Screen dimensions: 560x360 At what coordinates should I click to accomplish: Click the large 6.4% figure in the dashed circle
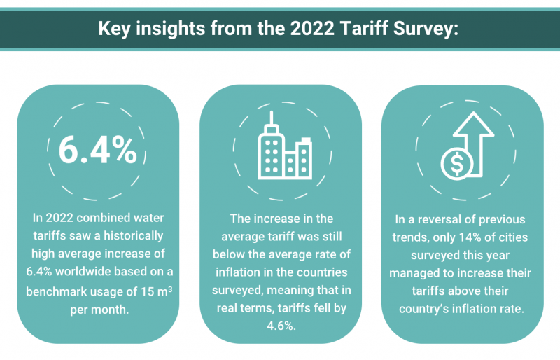click(x=98, y=150)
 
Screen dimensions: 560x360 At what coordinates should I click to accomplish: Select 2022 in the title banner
click(x=312, y=28)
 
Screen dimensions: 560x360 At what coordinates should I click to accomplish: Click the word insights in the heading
click(x=170, y=29)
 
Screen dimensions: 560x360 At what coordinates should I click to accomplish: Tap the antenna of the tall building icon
click(x=272, y=118)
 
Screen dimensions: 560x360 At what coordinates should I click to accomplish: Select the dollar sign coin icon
click(x=457, y=164)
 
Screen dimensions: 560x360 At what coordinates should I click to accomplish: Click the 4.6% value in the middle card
click(x=281, y=326)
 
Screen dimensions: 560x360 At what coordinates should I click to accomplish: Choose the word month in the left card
click(x=111, y=310)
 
